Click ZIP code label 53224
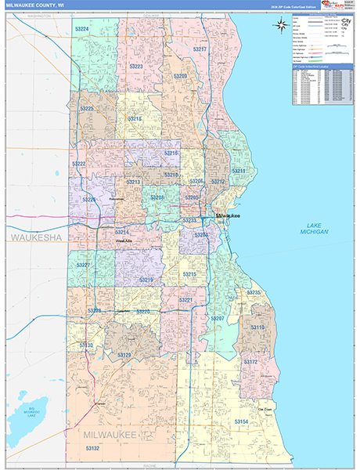coord(81,29)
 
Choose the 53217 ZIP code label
coord(200,49)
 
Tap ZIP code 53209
coord(180,76)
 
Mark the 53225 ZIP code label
coord(87,108)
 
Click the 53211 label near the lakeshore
coord(239,171)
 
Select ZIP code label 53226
coord(92,200)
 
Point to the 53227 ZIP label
coord(84,266)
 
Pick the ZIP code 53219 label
coord(146,280)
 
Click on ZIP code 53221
coord(186,300)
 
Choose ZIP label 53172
coord(250,362)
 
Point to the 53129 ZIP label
coord(124,355)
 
